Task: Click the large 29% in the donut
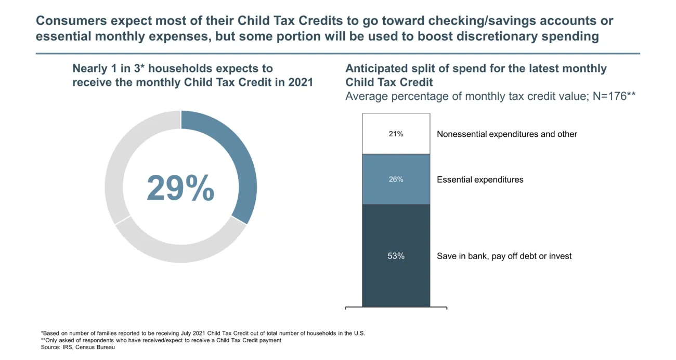(x=180, y=188)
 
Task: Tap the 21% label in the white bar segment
(x=396, y=134)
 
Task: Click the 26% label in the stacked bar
(x=396, y=179)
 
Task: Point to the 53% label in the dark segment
(x=396, y=256)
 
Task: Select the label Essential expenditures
(x=480, y=179)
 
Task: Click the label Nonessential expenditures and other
(x=507, y=134)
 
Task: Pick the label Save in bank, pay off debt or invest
(x=504, y=256)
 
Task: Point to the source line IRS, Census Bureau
(x=78, y=348)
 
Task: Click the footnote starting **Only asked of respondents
(x=161, y=340)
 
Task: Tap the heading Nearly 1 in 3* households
(x=172, y=69)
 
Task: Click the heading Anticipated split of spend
(x=476, y=69)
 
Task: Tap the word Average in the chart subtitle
(x=367, y=96)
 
